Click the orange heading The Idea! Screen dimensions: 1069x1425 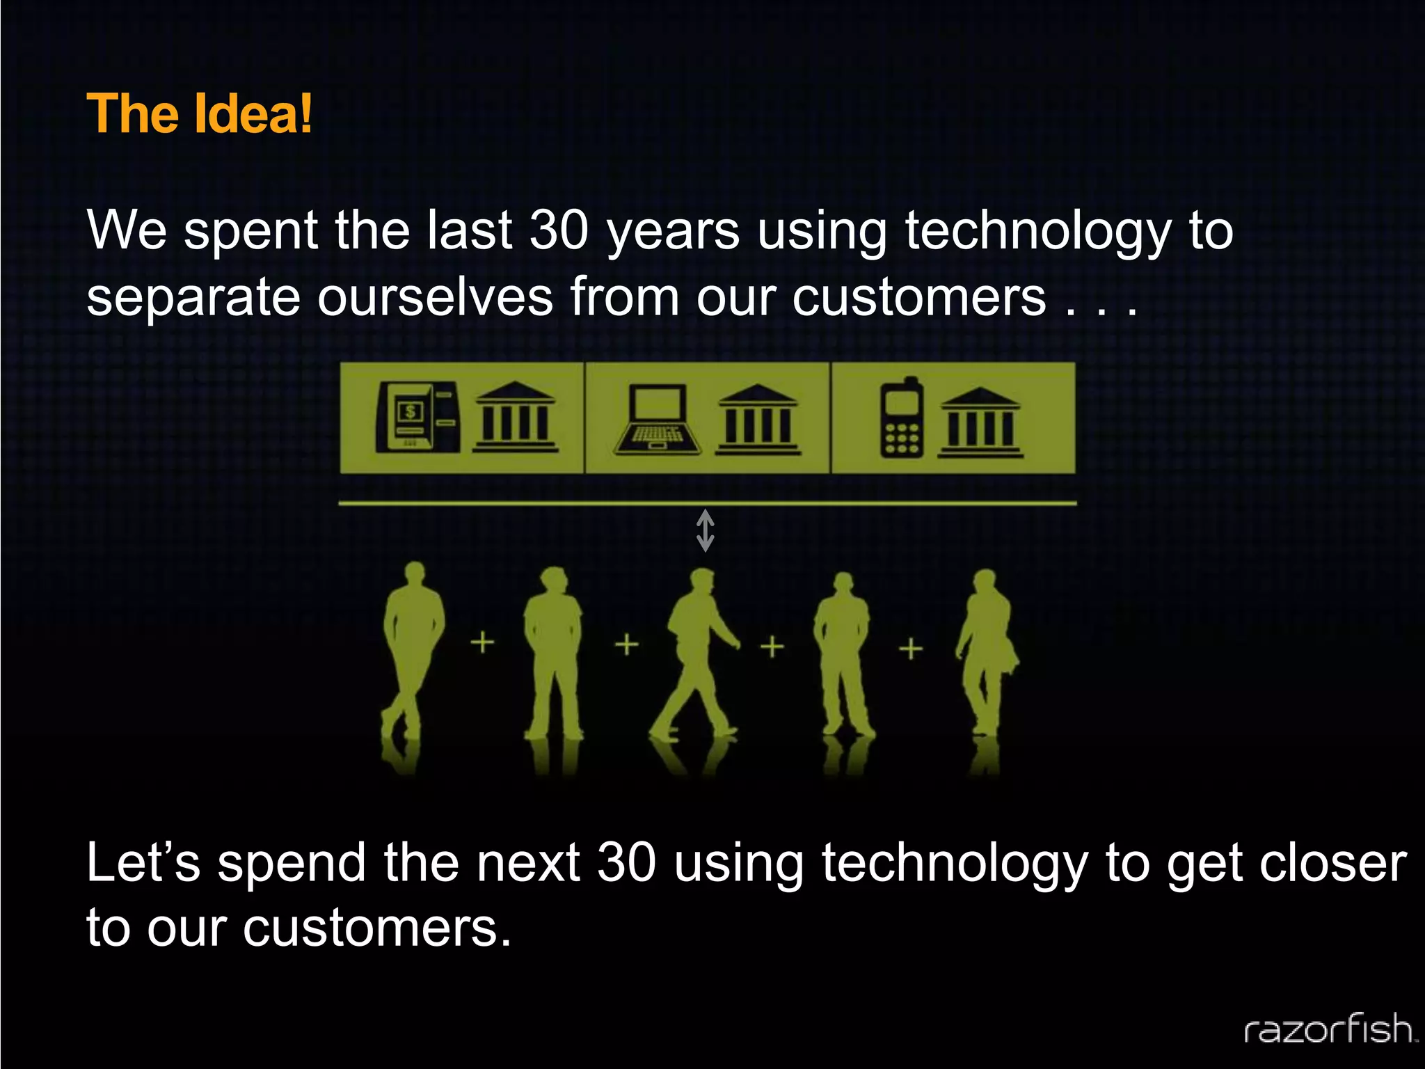[x=200, y=114]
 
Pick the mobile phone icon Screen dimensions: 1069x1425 [x=902, y=418]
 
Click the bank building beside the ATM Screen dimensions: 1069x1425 [x=515, y=418]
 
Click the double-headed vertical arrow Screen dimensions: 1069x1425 [x=706, y=531]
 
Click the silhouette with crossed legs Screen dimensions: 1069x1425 [x=411, y=651]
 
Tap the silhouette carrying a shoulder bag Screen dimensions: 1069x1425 [x=987, y=651]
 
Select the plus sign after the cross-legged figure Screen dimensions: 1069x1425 [x=482, y=642]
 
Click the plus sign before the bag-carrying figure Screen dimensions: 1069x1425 [x=911, y=649]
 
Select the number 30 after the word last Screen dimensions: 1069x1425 [x=559, y=231]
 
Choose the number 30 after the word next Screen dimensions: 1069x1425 [x=626, y=864]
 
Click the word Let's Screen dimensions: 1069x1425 [x=143, y=864]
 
